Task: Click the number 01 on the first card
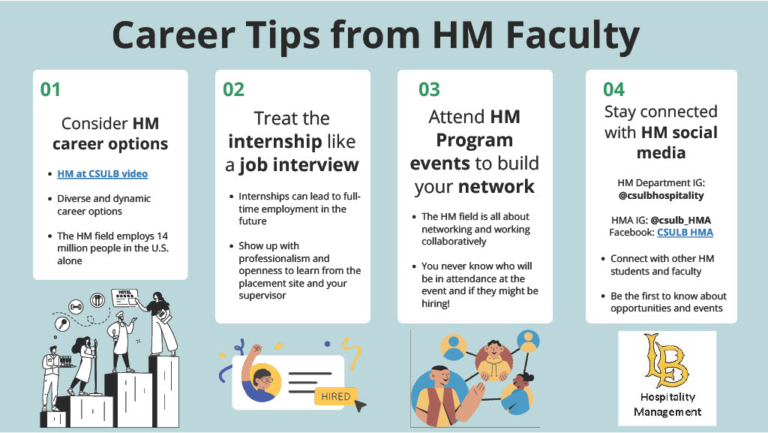coord(50,90)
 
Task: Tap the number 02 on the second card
coord(233,90)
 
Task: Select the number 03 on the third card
coord(429,90)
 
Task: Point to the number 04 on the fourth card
coord(613,90)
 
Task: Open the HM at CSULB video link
coord(102,173)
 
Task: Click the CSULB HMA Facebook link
coord(685,233)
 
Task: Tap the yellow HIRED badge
coord(335,396)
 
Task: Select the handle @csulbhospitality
coord(661,196)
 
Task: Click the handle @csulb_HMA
coord(680,220)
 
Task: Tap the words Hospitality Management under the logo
coord(667,404)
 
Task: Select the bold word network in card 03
coord(496,185)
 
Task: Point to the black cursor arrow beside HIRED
coord(361,406)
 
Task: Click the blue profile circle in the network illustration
coord(453,345)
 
